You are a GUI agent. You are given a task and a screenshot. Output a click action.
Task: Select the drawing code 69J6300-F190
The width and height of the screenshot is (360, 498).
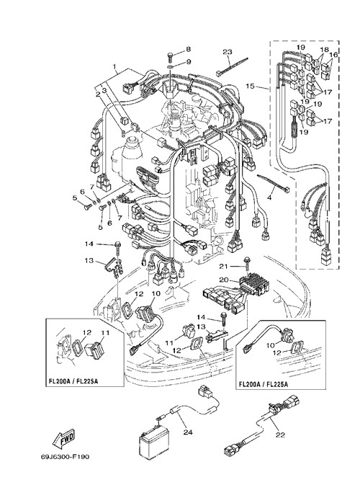pos(65,457)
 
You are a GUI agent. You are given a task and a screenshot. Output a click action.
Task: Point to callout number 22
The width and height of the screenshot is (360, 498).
pos(280,435)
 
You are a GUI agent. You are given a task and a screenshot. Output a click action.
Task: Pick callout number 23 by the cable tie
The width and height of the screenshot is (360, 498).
pos(227,52)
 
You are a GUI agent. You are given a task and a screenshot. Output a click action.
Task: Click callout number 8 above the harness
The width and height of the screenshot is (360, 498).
pos(189,49)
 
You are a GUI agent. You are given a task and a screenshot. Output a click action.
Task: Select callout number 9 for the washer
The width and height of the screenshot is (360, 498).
pos(189,61)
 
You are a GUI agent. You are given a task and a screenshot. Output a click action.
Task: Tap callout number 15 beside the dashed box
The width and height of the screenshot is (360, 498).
pos(251,86)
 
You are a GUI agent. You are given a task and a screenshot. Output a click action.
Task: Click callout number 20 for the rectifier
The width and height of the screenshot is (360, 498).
pos(224,280)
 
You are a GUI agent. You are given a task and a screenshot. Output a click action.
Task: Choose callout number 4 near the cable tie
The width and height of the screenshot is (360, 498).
pos(269,197)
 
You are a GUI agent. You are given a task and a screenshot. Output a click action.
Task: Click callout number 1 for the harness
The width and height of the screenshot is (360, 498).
pos(114,67)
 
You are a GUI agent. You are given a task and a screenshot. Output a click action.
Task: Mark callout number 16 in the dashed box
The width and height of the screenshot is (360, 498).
pos(333,55)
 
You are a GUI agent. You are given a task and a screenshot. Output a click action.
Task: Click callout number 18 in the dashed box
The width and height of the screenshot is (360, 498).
pos(324,50)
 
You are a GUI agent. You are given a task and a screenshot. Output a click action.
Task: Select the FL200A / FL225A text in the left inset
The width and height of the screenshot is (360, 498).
pos(73,381)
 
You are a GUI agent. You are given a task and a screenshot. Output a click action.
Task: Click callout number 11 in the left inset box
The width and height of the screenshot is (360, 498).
pos(105,333)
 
